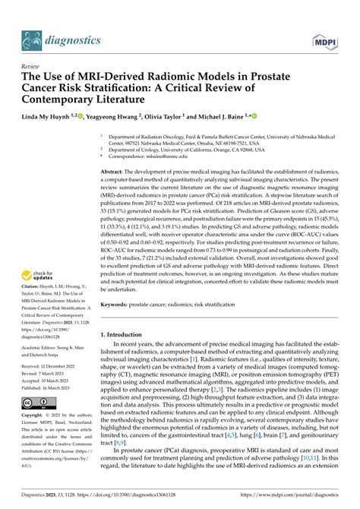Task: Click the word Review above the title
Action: [32, 66]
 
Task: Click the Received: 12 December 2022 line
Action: [52, 367]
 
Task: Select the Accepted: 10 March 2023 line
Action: [51, 380]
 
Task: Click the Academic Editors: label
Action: [43, 346]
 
